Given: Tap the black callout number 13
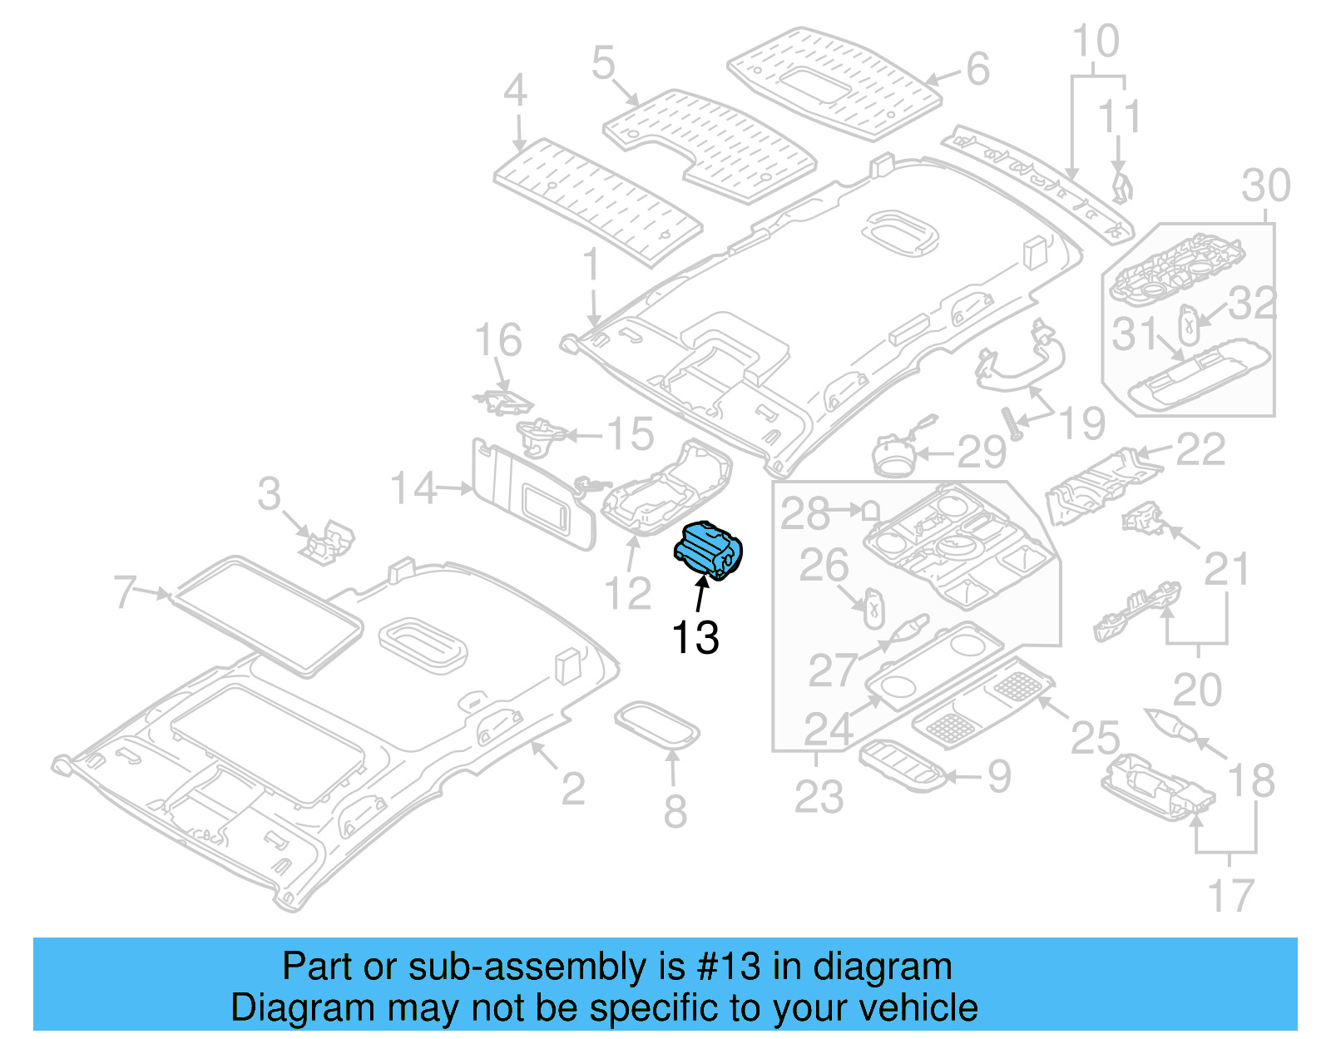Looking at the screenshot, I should (x=695, y=638).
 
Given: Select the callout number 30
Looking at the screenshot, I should (x=1265, y=186).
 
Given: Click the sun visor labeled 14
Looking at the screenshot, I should (x=532, y=495).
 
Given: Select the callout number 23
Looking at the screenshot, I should (x=819, y=796).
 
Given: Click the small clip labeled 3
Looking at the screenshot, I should (x=328, y=542).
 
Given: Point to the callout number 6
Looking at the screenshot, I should (x=977, y=69).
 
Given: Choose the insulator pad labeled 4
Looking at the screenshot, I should (x=597, y=200).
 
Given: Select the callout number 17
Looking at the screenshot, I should (x=1230, y=896).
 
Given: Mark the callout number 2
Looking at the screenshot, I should (x=572, y=789).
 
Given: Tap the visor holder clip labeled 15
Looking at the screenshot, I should (x=541, y=435).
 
